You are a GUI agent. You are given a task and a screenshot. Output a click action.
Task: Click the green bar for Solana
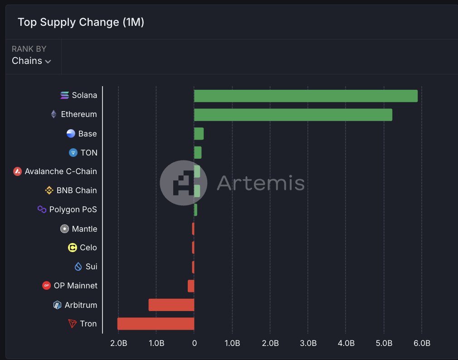pos(306,96)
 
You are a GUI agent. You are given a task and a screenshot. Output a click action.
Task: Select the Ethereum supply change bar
pos(293,115)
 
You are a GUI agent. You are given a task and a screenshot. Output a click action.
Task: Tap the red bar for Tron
pos(156,324)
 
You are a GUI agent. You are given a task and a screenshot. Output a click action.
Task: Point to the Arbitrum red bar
pos(171,305)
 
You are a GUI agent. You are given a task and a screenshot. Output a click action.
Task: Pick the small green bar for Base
pos(199,134)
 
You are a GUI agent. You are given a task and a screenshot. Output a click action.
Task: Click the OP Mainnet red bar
pos(191,286)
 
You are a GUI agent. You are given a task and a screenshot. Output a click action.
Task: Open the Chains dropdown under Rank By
pos(31,61)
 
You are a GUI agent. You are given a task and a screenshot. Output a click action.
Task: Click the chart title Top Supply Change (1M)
pos(81,22)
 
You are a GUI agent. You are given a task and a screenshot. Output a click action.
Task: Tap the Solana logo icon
pos(65,95)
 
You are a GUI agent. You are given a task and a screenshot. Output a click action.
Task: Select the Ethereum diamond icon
pos(54,114)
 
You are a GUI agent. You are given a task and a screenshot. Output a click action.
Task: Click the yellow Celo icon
pos(72,248)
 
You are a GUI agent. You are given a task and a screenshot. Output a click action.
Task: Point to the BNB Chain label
pos(77,190)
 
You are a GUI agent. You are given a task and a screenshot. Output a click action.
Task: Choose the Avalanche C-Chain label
pos(61,171)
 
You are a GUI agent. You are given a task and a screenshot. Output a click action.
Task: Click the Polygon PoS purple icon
pos(42,209)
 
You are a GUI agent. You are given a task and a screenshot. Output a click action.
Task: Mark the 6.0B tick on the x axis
pos(422,343)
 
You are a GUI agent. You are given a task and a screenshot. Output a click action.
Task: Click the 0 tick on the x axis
pos(194,343)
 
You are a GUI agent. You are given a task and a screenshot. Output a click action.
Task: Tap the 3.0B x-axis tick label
pos(308,343)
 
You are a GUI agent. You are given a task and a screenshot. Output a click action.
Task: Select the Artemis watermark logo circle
pos(183,183)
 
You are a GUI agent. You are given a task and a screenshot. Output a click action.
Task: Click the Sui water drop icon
pos(78,267)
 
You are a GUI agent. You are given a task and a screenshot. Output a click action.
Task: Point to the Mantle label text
pos(84,229)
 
